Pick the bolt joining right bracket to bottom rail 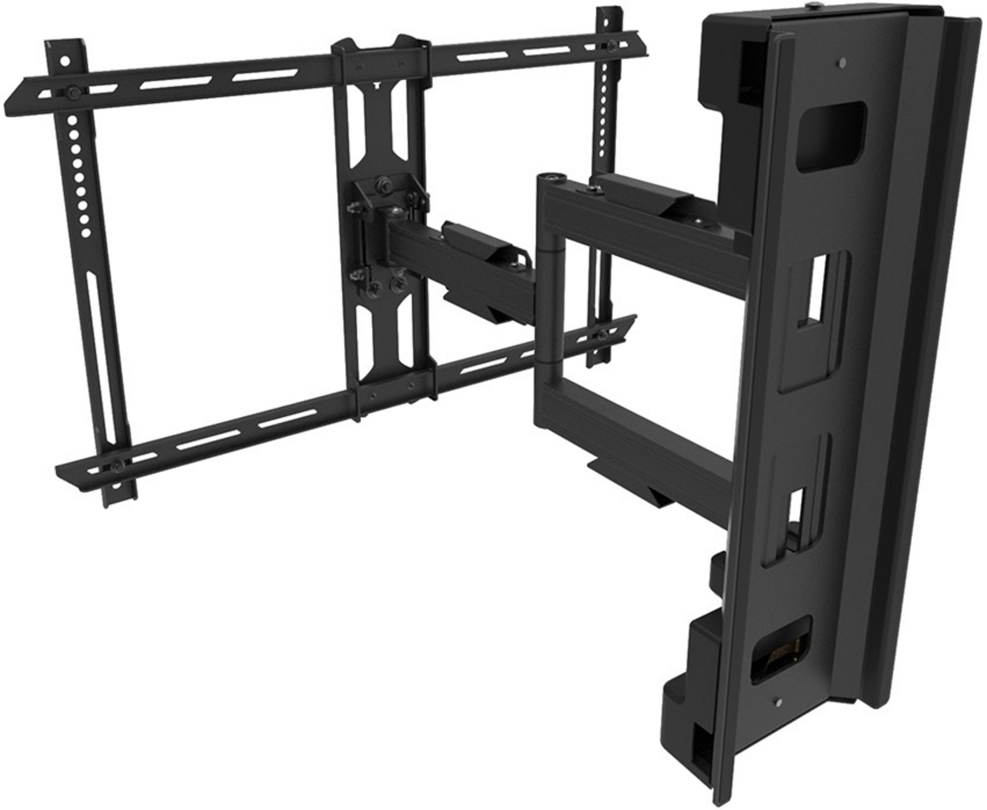pyautogui.click(x=603, y=335)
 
